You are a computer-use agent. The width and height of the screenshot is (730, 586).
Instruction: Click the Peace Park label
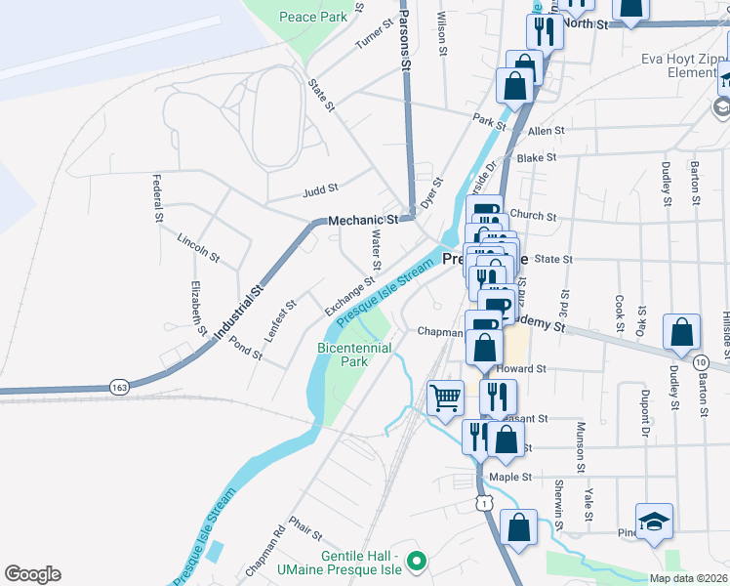click(312, 17)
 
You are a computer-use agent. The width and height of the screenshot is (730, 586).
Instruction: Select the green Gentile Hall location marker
click(418, 562)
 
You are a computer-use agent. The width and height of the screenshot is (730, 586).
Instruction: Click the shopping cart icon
click(446, 398)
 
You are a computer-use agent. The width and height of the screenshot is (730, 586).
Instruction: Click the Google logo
click(32, 574)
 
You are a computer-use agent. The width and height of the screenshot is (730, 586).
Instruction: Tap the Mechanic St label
click(363, 221)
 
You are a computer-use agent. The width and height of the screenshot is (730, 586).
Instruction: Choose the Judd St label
click(320, 188)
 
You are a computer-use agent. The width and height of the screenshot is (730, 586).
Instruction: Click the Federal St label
click(156, 198)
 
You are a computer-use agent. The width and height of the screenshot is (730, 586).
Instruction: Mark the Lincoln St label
click(198, 248)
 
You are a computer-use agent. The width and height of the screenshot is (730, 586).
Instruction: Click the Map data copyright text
click(687, 578)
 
